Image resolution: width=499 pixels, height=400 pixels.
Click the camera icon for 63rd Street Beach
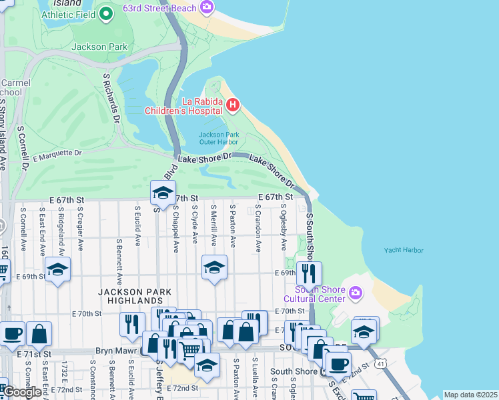pyautogui.click(x=207, y=7)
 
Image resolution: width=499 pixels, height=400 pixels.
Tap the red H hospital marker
pyautogui.click(x=232, y=105)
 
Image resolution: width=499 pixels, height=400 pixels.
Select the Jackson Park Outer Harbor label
pyautogui.click(x=218, y=137)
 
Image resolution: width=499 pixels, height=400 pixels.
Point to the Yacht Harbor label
pyautogui.click(x=404, y=251)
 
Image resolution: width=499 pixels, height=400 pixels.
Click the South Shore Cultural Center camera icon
pyautogui.click(x=355, y=293)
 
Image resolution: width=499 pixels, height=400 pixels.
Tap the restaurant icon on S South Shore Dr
pyautogui.click(x=309, y=272)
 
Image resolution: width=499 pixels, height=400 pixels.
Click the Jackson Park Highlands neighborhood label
pyautogui.click(x=135, y=296)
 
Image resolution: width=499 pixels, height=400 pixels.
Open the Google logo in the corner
pyautogui.click(x=22, y=392)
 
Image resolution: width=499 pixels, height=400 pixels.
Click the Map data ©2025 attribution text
pyautogui.click(x=470, y=395)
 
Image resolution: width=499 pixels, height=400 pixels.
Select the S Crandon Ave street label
pyautogui.click(x=258, y=228)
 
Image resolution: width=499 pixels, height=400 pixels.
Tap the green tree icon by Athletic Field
pyautogui.click(x=105, y=13)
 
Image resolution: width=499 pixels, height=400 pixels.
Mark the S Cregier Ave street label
pyautogui.click(x=79, y=227)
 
